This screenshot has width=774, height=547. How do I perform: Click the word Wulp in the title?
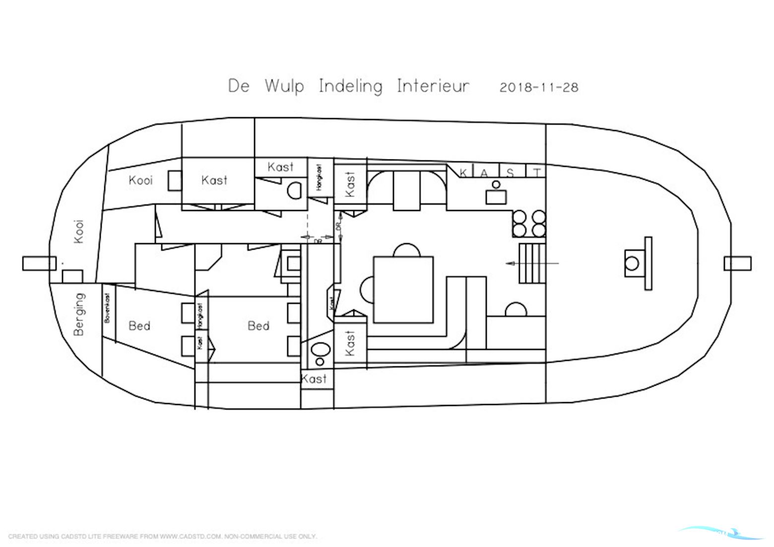284,86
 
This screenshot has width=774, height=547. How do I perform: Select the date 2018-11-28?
539,87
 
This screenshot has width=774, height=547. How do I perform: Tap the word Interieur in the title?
433,86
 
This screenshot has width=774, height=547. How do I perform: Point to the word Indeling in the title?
350,87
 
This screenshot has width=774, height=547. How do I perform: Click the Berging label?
79,314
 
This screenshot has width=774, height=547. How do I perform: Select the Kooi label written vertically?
79,231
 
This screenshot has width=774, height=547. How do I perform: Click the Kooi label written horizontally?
140,180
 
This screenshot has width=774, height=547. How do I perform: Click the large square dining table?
403,289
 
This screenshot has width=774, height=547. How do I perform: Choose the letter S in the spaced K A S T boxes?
510,173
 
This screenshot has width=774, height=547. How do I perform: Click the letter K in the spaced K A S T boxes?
463,173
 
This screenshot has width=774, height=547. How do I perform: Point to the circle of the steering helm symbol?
632,263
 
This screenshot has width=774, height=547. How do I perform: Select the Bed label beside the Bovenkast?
139,326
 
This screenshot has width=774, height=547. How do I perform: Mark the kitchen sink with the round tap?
496,195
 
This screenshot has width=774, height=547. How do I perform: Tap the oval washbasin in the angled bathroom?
321,349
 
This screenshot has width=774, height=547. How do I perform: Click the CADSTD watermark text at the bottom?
162,537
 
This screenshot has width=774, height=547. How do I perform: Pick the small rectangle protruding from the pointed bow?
737,263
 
